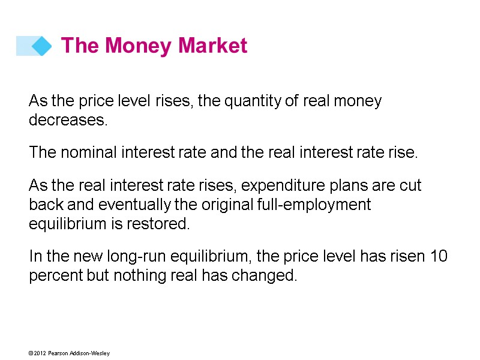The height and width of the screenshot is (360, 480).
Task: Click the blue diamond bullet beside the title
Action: tap(41, 46)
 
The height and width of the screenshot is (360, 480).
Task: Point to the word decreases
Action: tap(68, 120)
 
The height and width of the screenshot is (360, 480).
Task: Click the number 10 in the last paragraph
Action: tap(439, 257)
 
